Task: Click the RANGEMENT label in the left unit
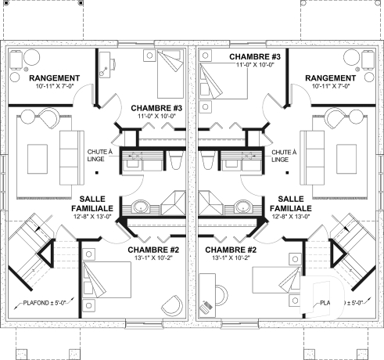[54, 78]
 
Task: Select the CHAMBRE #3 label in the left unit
[156, 107]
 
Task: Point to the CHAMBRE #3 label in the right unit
[255, 57]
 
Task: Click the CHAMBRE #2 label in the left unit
[154, 250]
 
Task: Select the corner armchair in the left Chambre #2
[170, 305]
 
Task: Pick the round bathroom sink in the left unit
[142, 208]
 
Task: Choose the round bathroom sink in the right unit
[242, 208]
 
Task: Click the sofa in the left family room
[69, 153]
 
